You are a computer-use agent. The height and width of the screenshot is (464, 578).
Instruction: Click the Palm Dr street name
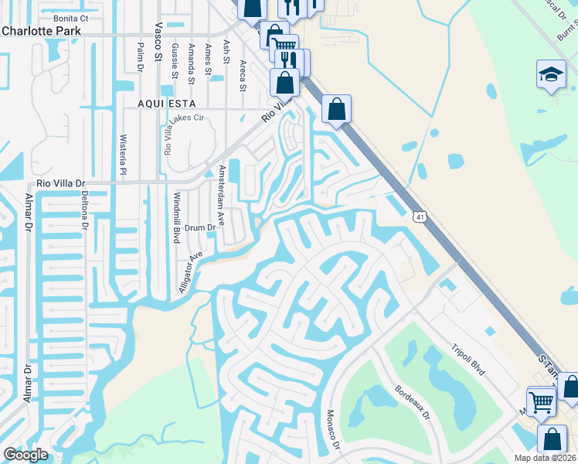click(x=141, y=56)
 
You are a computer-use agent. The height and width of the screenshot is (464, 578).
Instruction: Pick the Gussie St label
click(x=175, y=59)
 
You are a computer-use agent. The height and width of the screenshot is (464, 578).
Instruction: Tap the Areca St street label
click(x=243, y=75)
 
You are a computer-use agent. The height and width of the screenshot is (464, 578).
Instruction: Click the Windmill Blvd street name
click(x=176, y=219)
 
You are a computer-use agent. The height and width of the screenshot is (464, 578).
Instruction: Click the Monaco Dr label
click(x=333, y=429)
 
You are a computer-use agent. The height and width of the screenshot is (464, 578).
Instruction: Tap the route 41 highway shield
click(x=418, y=219)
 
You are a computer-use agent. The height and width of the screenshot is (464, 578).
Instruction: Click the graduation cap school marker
click(x=551, y=75)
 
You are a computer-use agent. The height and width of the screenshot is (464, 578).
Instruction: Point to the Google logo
click(x=25, y=455)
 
